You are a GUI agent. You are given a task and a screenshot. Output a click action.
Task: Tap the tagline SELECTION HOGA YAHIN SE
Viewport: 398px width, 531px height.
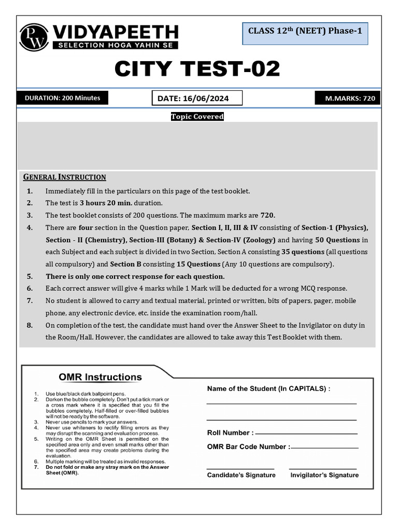(x=115, y=45)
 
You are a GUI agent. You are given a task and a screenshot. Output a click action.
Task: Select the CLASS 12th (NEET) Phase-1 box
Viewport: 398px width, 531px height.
(x=305, y=31)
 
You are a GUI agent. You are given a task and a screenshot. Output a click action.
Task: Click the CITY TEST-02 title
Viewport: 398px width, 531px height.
(x=197, y=68)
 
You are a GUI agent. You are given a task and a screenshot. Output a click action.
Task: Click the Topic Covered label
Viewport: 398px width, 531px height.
(x=197, y=117)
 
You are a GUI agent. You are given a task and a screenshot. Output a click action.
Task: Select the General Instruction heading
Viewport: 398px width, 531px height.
(x=65, y=177)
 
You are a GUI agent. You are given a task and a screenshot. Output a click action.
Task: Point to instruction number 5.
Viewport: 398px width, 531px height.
(x=30, y=276)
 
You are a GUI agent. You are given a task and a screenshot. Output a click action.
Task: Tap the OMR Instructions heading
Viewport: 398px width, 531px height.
(x=100, y=377)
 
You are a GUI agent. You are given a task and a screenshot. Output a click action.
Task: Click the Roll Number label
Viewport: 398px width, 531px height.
(x=230, y=433)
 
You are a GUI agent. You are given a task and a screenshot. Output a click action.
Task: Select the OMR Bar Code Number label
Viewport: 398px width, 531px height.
(x=248, y=446)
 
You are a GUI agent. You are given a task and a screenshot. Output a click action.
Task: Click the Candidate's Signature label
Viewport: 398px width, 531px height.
(x=241, y=475)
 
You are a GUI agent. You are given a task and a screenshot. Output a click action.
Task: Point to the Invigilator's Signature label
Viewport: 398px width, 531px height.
(x=324, y=475)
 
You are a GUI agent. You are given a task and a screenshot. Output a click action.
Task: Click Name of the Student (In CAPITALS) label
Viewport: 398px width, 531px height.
(x=268, y=388)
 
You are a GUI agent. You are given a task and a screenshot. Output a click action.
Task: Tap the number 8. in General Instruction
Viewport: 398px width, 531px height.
(x=30, y=325)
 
